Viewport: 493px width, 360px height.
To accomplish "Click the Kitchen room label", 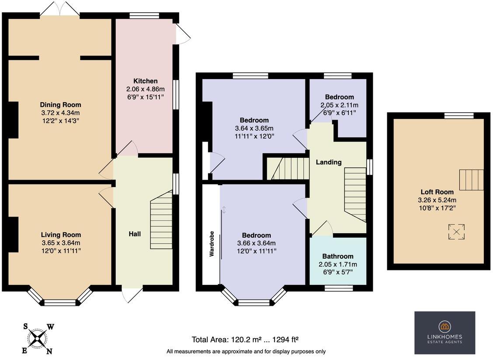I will coord(145,81).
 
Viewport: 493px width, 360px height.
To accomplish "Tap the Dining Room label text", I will coord(60,105).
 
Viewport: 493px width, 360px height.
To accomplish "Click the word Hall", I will coord(135,234).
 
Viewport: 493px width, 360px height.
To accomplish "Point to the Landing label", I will coord(329,162).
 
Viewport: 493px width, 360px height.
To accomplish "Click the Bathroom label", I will coord(338,256).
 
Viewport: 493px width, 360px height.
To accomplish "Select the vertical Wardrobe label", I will coord(211,243).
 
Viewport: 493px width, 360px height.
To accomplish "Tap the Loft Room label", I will coord(437,192).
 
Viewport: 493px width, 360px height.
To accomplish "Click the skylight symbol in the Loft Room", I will coord(456,232).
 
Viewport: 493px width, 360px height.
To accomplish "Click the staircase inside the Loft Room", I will coord(471,180).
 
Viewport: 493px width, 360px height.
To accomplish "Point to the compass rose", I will coord(38,338).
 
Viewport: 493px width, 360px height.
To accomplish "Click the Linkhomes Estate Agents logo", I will coord(444,332).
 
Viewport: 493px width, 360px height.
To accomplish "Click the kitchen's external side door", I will coord(182,34).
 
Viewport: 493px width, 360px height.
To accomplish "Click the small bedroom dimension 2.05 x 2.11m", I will coord(339,105).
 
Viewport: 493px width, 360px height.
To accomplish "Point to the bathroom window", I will coord(338,287).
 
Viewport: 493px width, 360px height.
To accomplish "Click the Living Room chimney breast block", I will coord(13,234).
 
